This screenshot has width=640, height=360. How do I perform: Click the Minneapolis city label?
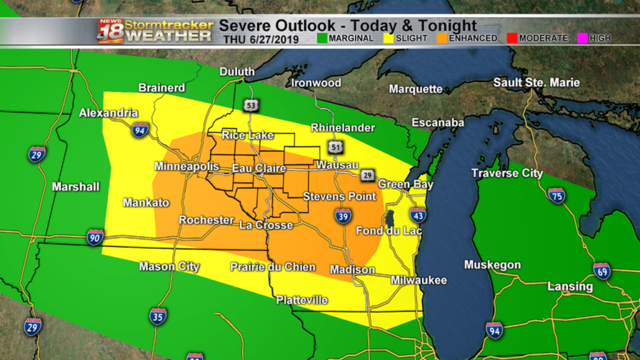(186, 166)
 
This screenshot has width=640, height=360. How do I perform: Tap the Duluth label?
(238, 72)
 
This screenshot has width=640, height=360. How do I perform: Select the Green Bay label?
(406, 184)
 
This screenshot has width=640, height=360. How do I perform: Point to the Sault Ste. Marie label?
(536, 83)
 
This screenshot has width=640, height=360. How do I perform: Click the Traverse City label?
(507, 174)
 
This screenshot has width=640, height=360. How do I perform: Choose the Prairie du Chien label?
(273, 267)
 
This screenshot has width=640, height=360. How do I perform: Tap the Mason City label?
(169, 266)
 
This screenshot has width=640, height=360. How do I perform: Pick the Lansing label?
(570, 287)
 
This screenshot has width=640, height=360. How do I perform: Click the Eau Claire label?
(258, 168)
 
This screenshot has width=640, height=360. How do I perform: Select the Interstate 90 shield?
(95, 237)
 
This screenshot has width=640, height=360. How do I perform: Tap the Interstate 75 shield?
(556, 196)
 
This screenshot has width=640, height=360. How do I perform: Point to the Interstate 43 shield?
(418, 215)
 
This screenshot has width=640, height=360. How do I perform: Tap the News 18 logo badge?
(109, 30)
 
